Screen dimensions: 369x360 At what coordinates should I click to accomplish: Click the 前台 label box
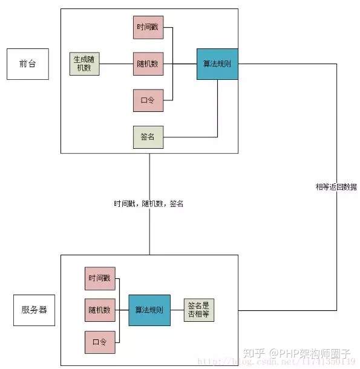27,64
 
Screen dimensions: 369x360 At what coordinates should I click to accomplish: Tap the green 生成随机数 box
85,64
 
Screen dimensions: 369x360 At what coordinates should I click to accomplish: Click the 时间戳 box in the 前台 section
148,27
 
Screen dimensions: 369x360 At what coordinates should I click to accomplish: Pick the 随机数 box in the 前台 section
148,64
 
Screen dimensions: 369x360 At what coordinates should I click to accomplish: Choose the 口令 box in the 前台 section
148,100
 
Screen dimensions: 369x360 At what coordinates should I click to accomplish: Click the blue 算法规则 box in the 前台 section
217,64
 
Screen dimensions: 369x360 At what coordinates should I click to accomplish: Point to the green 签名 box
148,137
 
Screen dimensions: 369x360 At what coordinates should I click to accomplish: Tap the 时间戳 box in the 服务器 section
99,278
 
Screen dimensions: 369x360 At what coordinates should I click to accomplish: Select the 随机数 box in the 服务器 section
99,310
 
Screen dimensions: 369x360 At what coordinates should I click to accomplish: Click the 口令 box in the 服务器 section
99,342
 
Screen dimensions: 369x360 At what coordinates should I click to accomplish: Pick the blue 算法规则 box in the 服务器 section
149,310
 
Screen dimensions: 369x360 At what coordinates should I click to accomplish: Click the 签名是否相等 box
200,310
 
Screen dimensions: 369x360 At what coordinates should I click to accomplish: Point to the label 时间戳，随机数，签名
149,204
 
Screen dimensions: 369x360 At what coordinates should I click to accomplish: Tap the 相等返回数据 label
336,187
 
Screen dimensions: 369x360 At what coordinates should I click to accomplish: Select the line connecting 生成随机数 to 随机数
116,64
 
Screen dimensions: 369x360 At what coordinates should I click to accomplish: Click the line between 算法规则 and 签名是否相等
177,310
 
